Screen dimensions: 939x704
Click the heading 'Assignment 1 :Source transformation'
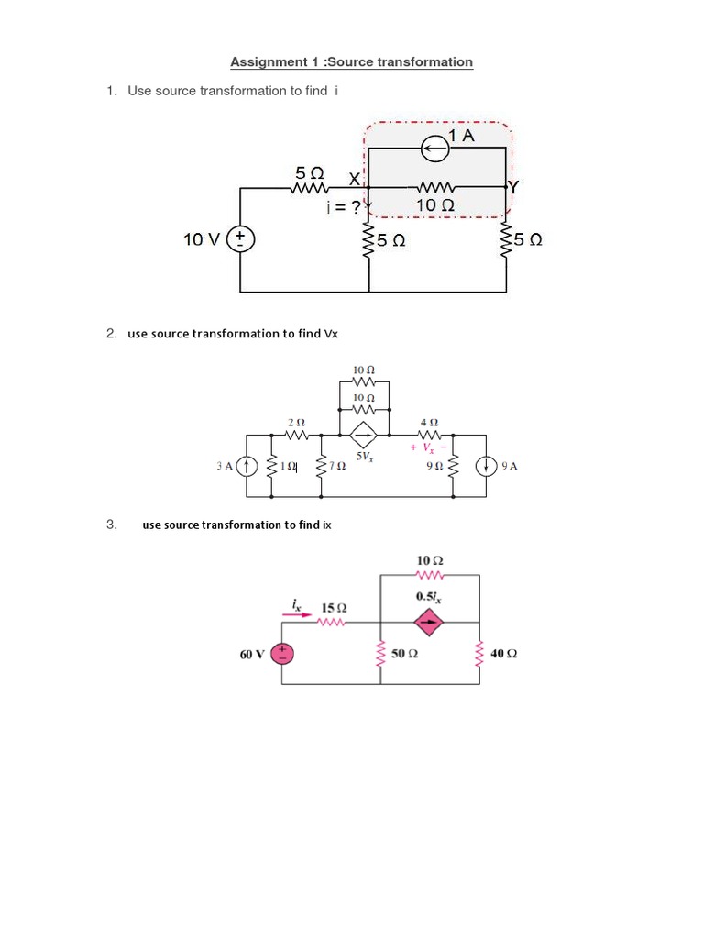pos(351,62)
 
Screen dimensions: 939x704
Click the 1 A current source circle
pos(434,146)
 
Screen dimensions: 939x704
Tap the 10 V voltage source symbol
pos(241,239)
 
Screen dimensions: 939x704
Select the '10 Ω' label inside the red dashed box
pos(434,205)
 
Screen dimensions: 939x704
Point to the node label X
pos(354,178)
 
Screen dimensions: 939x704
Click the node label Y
pos(513,187)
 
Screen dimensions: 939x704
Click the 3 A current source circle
pos(247,466)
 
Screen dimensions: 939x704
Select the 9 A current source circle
pos(485,466)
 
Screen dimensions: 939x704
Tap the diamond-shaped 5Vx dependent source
pos(364,435)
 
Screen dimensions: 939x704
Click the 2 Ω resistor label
pos(296,422)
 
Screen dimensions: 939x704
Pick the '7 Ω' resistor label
pos(336,466)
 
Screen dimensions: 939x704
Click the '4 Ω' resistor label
pos(429,422)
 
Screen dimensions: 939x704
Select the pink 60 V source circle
pos(282,654)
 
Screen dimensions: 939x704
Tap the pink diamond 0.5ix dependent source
pos(427,624)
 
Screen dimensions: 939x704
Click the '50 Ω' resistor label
pos(404,654)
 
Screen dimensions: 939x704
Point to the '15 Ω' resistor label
pos(334,608)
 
